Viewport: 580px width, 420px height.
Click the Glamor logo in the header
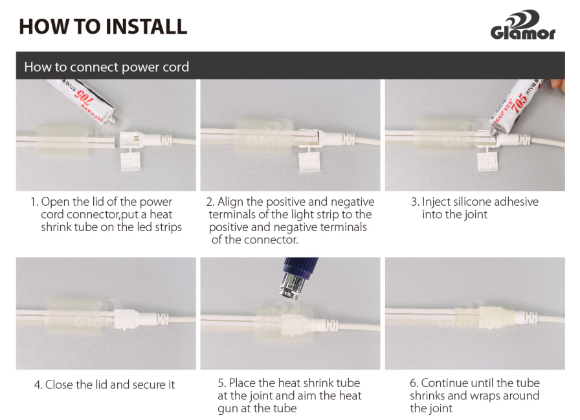point(523,25)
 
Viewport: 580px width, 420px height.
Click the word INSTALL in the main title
point(146,27)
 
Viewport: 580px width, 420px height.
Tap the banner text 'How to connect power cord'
point(107,67)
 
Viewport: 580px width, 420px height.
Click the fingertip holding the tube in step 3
point(558,85)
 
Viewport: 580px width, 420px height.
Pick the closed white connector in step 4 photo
point(126,319)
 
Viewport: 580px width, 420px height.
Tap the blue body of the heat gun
point(300,265)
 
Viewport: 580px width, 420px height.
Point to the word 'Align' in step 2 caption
point(230,203)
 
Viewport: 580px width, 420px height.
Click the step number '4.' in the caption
point(38,385)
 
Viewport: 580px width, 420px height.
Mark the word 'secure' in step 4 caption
point(149,385)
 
